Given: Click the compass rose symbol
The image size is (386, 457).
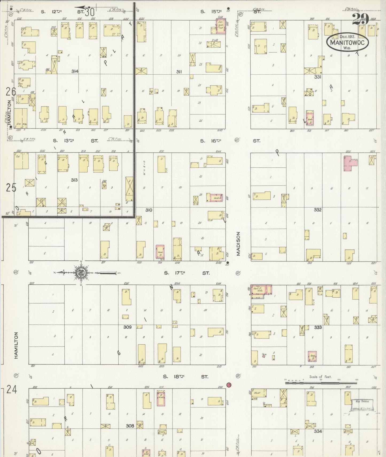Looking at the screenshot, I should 80,273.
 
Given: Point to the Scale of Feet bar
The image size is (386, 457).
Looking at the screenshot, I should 321,383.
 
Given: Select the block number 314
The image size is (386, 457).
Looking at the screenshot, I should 75,71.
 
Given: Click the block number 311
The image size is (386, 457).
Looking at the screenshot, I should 179,72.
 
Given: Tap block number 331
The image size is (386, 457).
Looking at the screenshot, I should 318,77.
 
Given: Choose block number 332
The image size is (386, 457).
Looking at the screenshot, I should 317,210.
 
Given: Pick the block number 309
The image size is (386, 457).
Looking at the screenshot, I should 127,327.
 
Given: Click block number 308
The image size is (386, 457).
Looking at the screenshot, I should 130,426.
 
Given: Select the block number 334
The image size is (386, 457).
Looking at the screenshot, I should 318,431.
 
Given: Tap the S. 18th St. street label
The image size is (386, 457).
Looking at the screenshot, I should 185,377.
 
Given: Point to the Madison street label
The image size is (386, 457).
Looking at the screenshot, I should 238,243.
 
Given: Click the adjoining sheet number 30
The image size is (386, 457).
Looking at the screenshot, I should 89,12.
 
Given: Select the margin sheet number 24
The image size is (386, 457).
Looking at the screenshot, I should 12,389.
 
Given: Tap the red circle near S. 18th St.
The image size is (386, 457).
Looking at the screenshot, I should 229,385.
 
